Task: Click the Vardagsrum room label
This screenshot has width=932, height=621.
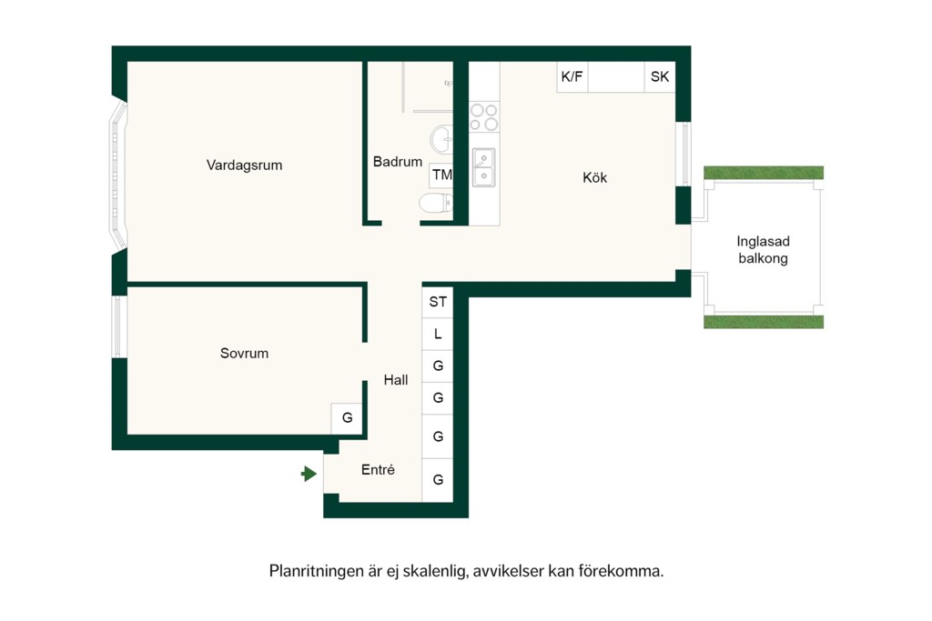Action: click(x=244, y=165)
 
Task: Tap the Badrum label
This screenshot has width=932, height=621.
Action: click(x=398, y=162)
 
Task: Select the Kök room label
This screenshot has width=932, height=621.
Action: click(x=594, y=177)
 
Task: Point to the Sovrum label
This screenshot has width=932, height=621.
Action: click(x=244, y=354)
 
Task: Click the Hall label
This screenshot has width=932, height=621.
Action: click(x=396, y=380)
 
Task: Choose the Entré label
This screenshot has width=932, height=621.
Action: click(x=378, y=469)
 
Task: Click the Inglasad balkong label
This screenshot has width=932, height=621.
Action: click(x=764, y=250)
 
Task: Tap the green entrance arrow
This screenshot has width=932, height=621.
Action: click(x=309, y=474)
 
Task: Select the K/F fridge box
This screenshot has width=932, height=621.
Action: click(x=572, y=76)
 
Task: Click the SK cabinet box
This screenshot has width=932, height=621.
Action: click(x=660, y=76)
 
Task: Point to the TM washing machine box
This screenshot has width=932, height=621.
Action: click(x=441, y=175)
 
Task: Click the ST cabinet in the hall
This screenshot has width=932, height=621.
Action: click(x=438, y=302)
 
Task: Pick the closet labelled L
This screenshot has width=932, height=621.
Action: click(x=438, y=335)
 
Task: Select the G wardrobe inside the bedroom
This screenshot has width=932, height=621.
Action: click(x=347, y=418)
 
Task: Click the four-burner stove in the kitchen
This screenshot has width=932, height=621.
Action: click(x=484, y=116)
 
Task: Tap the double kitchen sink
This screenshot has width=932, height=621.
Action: click(x=484, y=167)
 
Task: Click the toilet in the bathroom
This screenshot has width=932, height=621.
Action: click(x=436, y=203)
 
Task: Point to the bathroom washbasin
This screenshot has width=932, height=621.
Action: click(x=441, y=139)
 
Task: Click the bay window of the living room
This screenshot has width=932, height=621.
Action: click(x=118, y=175)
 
